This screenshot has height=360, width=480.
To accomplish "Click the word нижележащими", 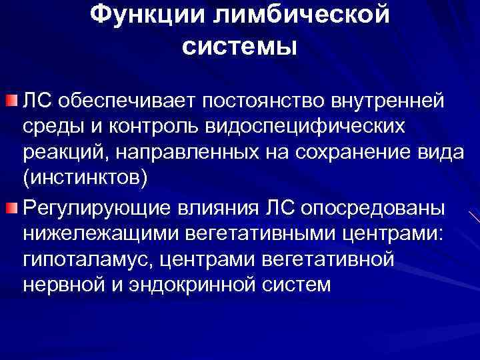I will pyautogui.click(x=91, y=233).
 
